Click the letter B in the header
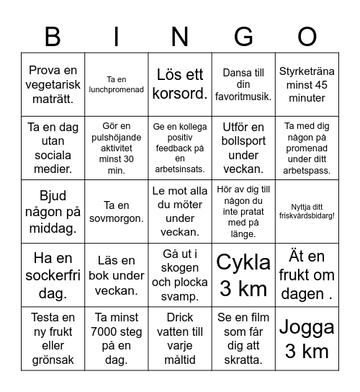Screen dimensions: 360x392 [53, 35]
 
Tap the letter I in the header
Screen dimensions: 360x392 [117, 35]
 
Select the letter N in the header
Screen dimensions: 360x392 [180, 35]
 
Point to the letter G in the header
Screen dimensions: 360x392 [244, 35]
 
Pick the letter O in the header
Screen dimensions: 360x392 [307, 35]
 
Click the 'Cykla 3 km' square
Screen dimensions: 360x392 [244, 275]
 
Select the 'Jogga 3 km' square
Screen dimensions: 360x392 [307, 339]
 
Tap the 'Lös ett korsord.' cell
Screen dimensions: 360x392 [180, 84]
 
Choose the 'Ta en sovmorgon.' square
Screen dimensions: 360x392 [117, 211]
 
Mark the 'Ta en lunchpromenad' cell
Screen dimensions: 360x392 [117, 84]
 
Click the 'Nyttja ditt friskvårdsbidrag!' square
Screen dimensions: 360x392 [307, 211]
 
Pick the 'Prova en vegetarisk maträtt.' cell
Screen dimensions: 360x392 [53, 84]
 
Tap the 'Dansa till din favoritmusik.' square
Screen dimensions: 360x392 [244, 84]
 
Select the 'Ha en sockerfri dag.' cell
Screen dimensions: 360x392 [53, 275]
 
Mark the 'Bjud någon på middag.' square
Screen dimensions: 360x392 [53, 211]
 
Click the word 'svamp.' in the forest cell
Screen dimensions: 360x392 [180, 296]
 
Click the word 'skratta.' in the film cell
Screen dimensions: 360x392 [244, 360]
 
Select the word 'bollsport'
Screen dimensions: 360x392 [244, 141]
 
